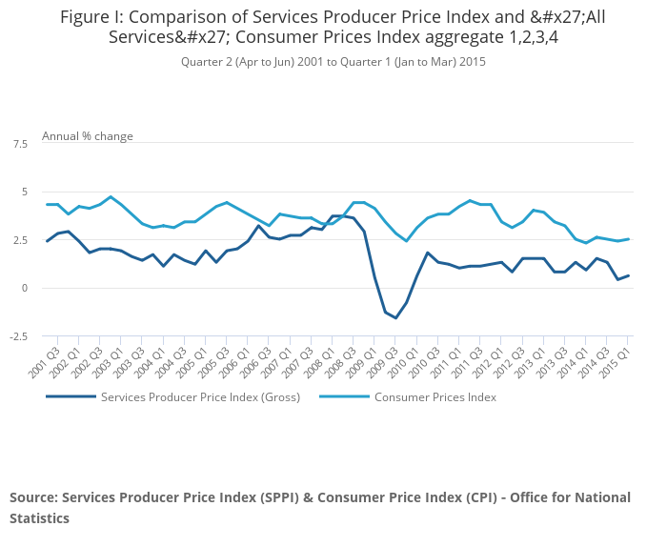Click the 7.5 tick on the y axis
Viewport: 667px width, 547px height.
coord(20,144)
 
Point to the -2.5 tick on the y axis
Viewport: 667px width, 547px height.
coord(18,336)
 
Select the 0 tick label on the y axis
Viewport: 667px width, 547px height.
coord(25,288)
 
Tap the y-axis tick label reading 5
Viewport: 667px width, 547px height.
coord(25,192)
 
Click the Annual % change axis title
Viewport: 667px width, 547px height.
coord(88,136)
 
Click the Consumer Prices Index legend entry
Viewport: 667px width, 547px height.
coord(435,397)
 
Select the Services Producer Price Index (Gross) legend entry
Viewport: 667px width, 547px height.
coord(200,397)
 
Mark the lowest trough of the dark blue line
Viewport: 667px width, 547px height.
coord(395,317)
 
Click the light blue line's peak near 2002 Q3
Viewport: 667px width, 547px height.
coord(111,197)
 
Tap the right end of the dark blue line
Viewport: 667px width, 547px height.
coord(628,276)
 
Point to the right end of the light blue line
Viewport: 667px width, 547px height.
coord(628,239)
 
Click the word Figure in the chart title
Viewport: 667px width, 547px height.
coord(86,17)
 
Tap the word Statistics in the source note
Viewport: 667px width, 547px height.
coord(40,519)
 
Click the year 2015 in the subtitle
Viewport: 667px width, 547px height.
coord(472,62)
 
